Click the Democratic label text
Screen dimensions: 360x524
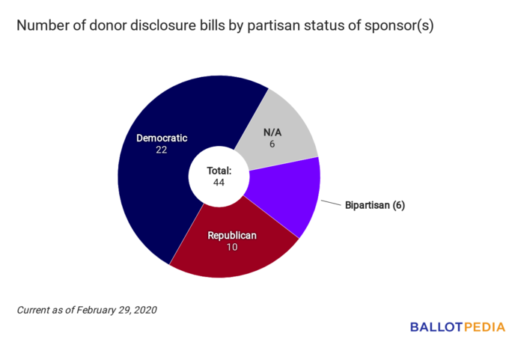162,138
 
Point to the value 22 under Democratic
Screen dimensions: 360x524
162,150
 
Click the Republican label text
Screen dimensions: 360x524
231,235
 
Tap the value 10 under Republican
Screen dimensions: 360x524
231,247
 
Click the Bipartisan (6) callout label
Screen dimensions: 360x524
374,205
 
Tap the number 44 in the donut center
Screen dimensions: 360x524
219,183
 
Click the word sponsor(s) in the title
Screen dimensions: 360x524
396,26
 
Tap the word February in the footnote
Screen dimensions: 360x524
94,309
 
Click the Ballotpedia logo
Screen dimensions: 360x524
457,327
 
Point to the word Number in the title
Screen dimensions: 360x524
42,26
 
